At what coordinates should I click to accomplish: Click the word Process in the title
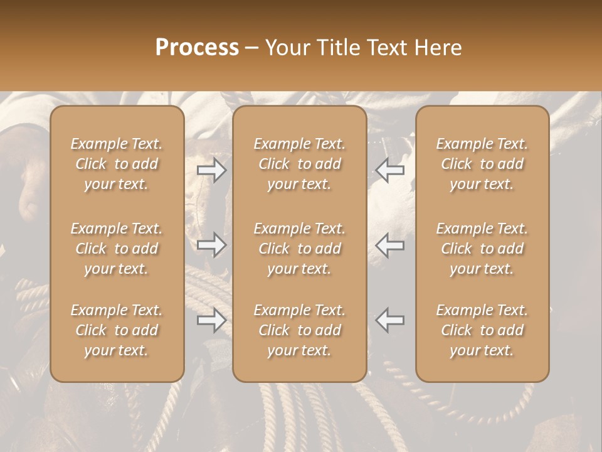click(x=197, y=48)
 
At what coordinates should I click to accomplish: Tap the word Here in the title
click(x=437, y=48)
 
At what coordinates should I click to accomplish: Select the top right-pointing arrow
click(x=212, y=170)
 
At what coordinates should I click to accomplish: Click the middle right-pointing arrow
click(x=212, y=245)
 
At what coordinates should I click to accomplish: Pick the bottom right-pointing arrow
click(x=212, y=320)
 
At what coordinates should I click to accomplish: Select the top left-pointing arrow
click(x=390, y=170)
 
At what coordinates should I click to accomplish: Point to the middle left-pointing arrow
click(x=390, y=245)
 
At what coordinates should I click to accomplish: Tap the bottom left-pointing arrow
click(x=390, y=320)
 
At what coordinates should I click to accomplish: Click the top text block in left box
click(x=117, y=164)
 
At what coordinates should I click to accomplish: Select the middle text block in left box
click(x=117, y=249)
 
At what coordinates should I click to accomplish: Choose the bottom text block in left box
click(x=117, y=330)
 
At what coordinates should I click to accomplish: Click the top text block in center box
click(x=300, y=164)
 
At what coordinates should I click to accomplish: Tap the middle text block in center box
click(x=300, y=249)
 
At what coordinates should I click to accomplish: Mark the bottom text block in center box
click(x=300, y=330)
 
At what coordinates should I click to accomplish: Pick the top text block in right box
click(x=482, y=164)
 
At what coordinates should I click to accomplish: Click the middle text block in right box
click(x=482, y=249)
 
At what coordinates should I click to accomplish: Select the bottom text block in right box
click(x=482, y=330)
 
